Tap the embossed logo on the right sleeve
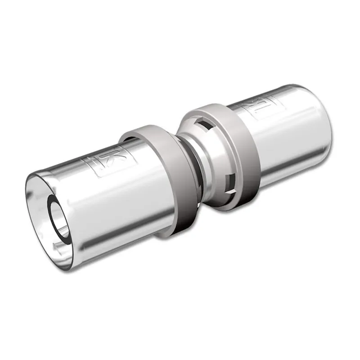tap(256, 109)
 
